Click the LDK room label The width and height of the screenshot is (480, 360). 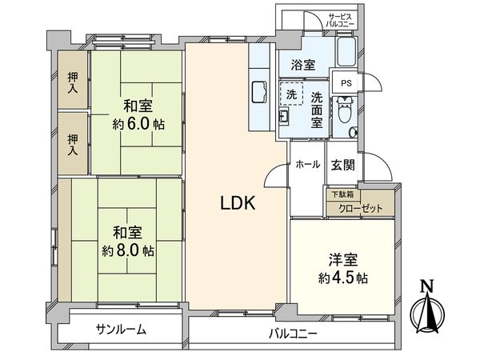[x=238, y=204]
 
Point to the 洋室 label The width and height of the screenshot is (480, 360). [x=341, y=260]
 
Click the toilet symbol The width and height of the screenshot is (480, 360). [x=345, y=113]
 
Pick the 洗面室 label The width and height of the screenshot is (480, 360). [x=317, y=109]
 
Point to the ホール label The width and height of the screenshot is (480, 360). [x=308, y=164]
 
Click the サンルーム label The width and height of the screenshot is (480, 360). [x=121, y=330]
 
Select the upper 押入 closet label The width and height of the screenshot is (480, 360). [x=73, y=81]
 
